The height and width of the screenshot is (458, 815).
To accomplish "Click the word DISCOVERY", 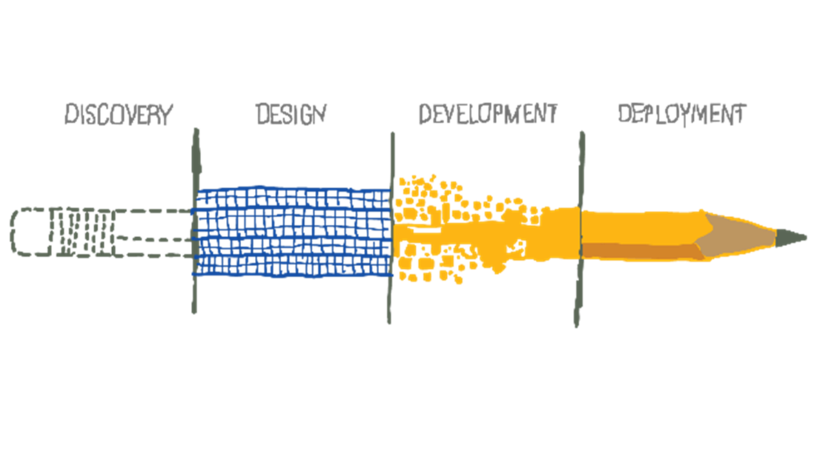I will [x=118, y=114].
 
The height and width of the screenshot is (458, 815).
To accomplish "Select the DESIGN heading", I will [x=291, y=114].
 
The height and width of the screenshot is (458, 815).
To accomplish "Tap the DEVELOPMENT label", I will [x=487, y=114].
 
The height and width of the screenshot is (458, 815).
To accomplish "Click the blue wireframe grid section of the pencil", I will [x=293, y=232].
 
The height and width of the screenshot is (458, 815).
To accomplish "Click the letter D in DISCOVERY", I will [x=71, y=114].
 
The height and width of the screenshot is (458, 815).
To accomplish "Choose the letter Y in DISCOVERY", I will [x=166, y=114].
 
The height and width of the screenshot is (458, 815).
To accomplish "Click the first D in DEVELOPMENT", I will [x=425, y=114].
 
